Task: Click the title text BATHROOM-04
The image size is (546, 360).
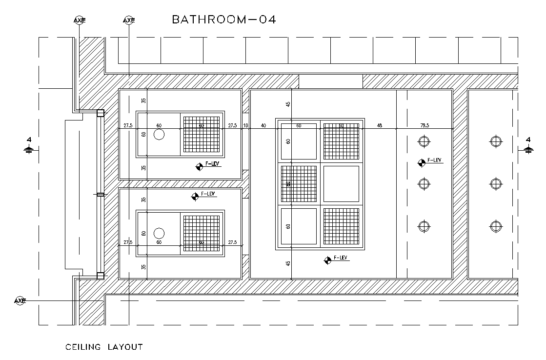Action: pos(224,20)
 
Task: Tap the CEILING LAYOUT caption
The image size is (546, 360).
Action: pos(104,347)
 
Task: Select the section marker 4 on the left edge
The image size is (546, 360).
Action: pos(29,145)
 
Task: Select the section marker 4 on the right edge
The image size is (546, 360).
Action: pos(528,145)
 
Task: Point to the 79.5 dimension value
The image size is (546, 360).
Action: pos(425,125)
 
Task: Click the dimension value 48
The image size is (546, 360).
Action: pos(380,125)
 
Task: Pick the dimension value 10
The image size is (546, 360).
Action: pos(245,125)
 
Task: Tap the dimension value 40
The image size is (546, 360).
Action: pos(263,125)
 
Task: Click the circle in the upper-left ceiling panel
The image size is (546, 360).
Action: pos(159,134)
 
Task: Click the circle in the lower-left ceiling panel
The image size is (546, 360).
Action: pos(159,233)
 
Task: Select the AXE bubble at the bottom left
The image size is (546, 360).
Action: pos(20,300)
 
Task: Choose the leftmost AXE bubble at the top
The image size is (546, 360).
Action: pos(80,20)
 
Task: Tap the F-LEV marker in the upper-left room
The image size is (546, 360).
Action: pos(200,166)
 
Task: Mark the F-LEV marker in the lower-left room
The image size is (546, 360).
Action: pos(195,196)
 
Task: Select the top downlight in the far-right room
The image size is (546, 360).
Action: pos(496,141)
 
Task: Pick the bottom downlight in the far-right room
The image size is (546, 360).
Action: pos(496,226)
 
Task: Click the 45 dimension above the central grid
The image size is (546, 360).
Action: pos(288,104)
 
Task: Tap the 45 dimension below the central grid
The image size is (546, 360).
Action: pos(288,263)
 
